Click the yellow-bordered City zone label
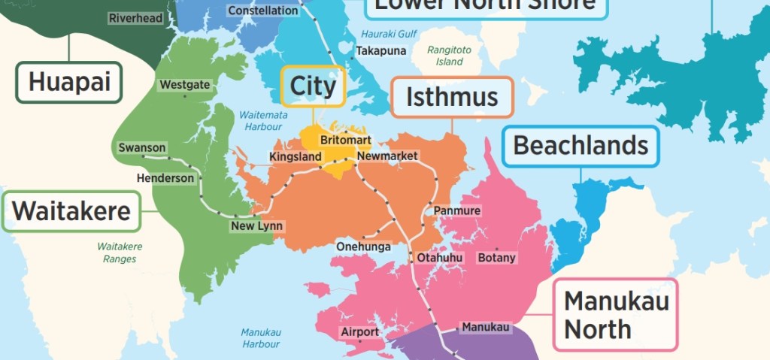[x=313, y=86]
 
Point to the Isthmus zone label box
[x=452, y=97]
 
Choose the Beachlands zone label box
[x=581, y=146]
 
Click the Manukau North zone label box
[x=614, y=314]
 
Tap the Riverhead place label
[x=135, y=18]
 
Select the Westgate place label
[x=185, y=85]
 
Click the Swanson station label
[x=141, y=148]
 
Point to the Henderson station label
[x=165, y=179]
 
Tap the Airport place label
[x=359, y=332]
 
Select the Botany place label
[x=497, y=258]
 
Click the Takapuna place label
[x=380, y=51]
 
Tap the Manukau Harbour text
[x=261, y=337]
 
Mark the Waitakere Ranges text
[x=120, y=253]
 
